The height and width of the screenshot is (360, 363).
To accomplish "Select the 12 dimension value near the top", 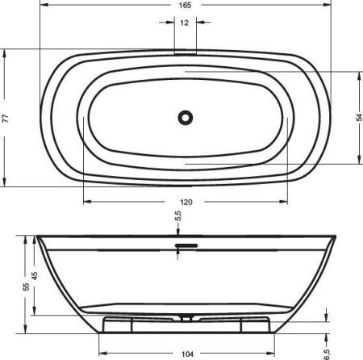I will pos(186,23).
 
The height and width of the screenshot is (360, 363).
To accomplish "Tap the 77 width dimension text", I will pos(6,118).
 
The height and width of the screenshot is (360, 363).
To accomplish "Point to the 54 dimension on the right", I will pos(357,118).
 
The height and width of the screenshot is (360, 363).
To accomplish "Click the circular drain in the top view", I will pos(186,118).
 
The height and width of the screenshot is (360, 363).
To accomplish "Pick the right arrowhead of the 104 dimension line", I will pos(272,345).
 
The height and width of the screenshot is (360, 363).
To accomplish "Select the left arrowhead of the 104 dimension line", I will pos(101,345).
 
